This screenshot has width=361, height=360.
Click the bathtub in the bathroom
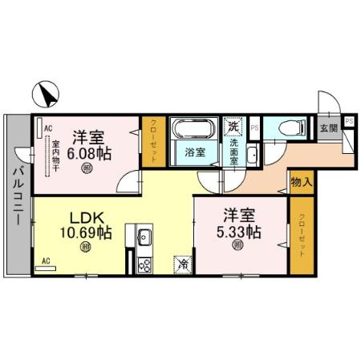point(193,130)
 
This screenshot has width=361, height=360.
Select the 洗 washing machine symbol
point(233,126)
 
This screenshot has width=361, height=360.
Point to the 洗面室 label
point(233,151)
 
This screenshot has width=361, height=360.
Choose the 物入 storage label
point(301,184)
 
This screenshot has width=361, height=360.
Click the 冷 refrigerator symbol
point(184,263)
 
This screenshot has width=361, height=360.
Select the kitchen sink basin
point(145,237)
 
